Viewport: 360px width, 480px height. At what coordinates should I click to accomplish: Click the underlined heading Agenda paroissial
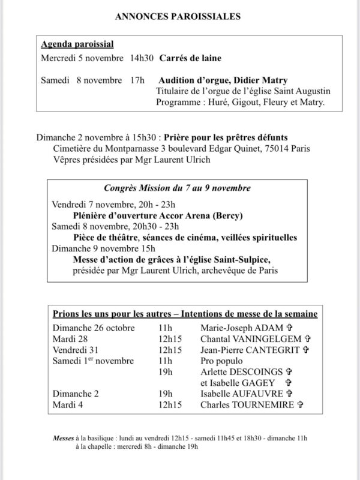click(77, 44)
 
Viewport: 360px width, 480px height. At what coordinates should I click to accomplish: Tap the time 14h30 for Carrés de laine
click(142, 58)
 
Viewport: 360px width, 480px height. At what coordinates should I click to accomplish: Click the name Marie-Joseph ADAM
click(241, 328)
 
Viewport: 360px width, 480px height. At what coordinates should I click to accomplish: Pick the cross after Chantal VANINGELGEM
click(308, 338)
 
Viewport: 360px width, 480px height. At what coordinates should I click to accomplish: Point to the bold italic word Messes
click(60, 437)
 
